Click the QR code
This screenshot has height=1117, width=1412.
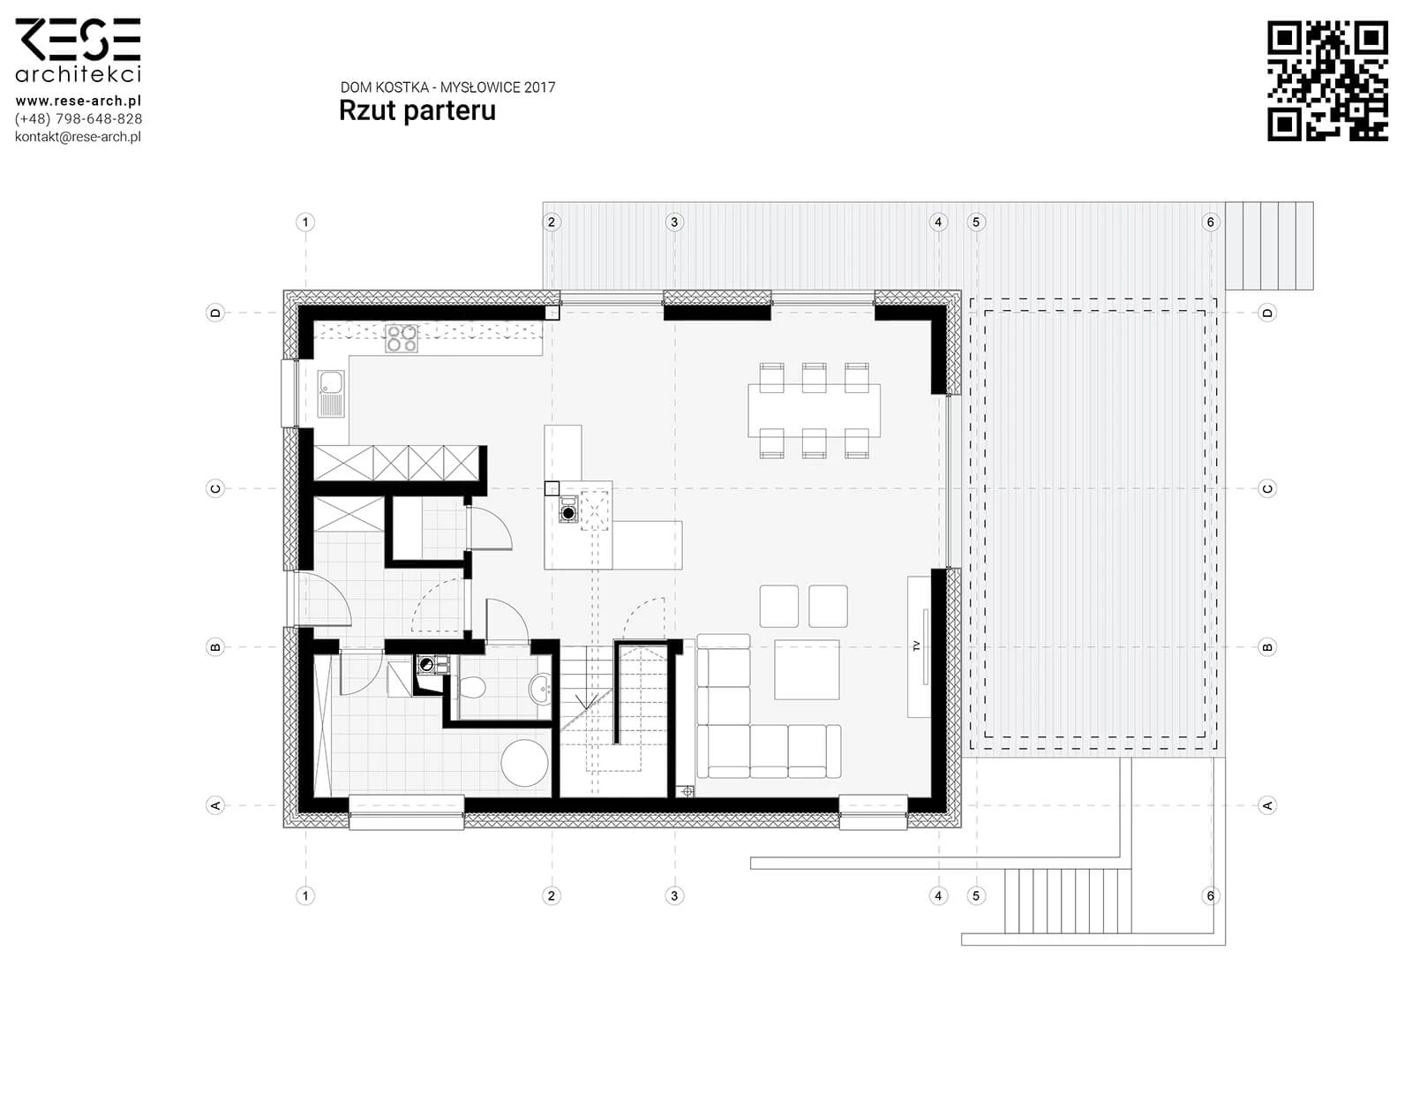click(x=1326, y=80)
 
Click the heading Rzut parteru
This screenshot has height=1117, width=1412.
click(x=417, y=110)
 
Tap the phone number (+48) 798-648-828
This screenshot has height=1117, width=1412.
click(x=78, y=119)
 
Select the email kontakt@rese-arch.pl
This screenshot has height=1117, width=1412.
click(x=78, y=137)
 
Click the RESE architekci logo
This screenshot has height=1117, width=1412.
click(x=78, y=50)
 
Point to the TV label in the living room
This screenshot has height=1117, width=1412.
click(x=917, y=646)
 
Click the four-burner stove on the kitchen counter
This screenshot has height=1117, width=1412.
click(x=401, y=338)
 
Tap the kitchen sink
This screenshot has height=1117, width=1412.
click(x=331, y=393)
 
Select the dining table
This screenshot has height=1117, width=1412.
click(x=814, y=411)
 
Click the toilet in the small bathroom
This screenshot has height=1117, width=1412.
click(x=472, y=688)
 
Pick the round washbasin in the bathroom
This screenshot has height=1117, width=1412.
click(x=540, y=689)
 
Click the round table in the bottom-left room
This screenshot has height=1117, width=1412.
click(x=524, y=762)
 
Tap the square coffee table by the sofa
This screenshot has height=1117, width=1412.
click(x=807, y=670)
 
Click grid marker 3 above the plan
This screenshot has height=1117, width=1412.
click(x=674, y=222)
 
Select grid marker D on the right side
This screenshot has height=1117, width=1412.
click(x=1267, y=313)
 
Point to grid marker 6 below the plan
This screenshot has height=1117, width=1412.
click(x=1211, y=895)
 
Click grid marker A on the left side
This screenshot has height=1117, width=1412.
click(x=215, y=805)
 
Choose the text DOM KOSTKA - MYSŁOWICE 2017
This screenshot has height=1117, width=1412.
click(x=447, y=87)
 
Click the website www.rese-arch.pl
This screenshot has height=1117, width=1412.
click(x=78, y=102)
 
